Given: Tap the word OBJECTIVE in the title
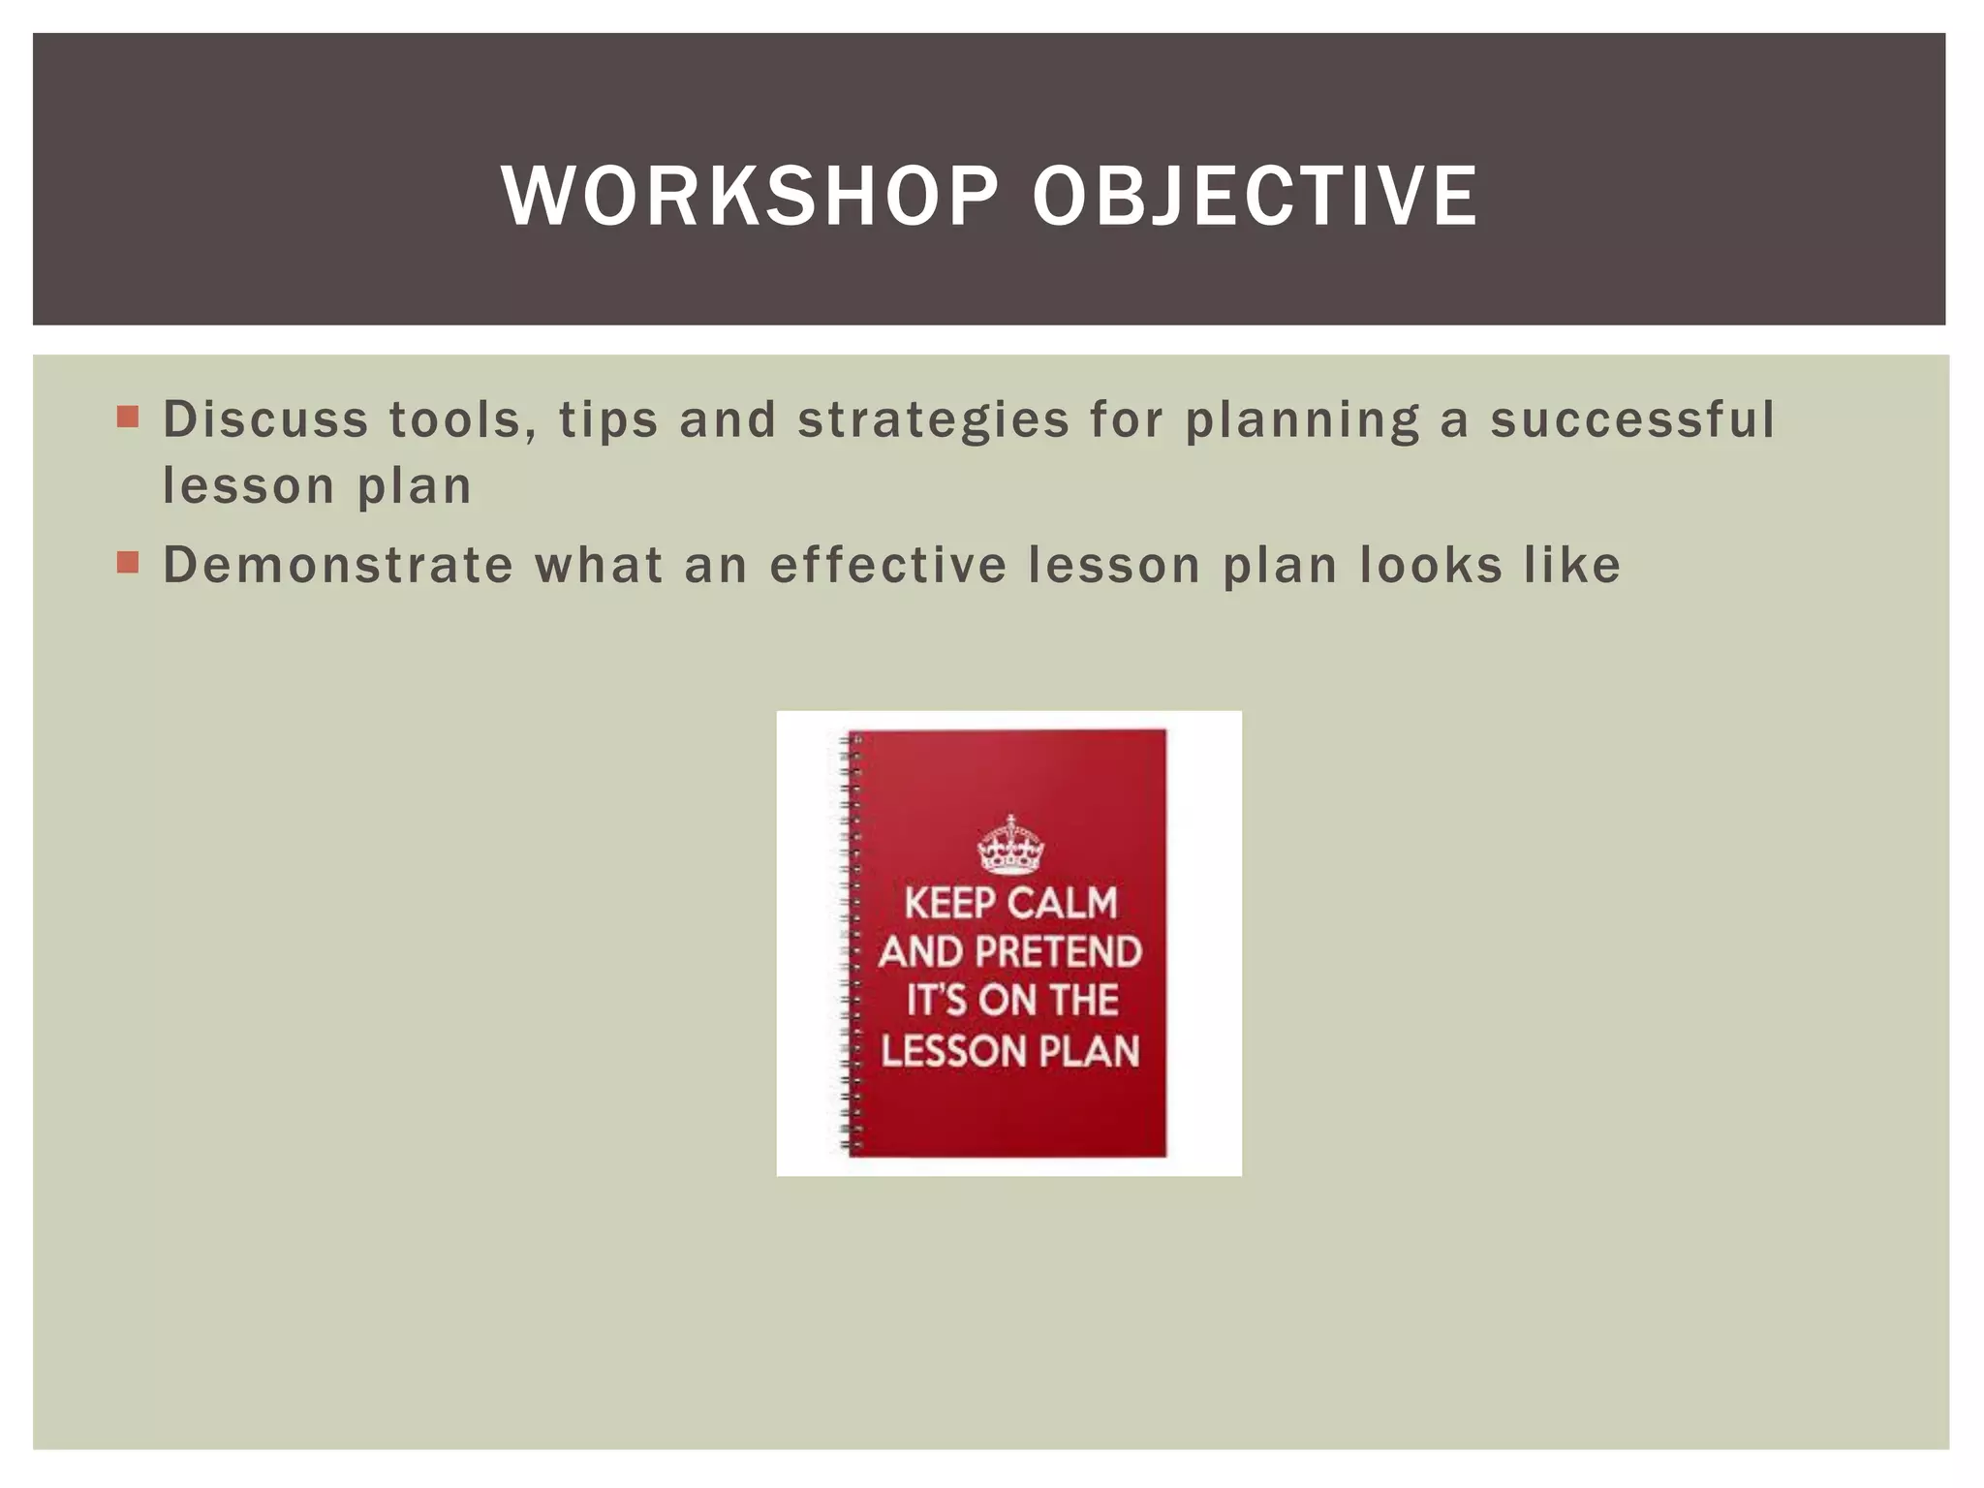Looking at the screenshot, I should (1255, 197).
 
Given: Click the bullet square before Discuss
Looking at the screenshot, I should (128, 418).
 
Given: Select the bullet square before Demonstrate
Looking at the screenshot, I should (128, 563).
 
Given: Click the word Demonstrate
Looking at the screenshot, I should (337, 565).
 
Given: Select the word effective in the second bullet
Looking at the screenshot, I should (887, 565).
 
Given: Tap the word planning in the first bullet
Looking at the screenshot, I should (1302, 421).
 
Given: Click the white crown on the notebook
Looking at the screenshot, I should (1010, 845).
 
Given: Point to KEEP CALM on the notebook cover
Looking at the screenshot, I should (1010, 903).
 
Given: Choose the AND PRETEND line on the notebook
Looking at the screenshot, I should (1010, 952).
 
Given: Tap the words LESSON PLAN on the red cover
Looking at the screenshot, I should (1010, 1052).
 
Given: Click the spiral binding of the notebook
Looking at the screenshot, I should (851, 945).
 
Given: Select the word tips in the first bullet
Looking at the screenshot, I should (608, 421).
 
